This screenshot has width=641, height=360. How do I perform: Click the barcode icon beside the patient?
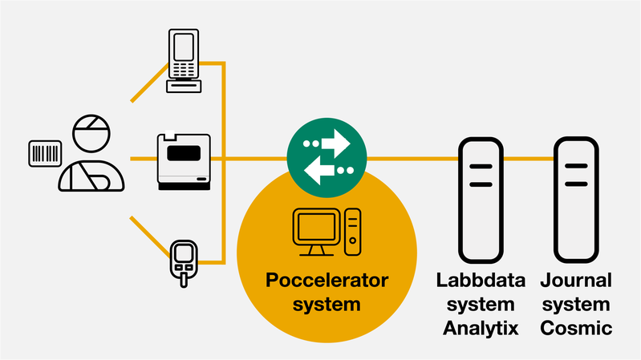(x=45, y=153)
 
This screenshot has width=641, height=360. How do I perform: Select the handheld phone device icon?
(x=184, y=60)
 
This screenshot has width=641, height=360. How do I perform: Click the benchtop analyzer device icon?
(x=184, y=162)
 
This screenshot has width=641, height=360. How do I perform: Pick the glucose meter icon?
(x=184, y=261)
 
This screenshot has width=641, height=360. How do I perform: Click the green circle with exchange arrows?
(x=327, y=157)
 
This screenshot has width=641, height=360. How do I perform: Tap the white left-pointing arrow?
(x=321, y=170)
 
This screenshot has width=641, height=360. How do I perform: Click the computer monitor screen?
(x=316, y=229)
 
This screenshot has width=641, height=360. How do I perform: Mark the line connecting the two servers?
(x=529, y=159)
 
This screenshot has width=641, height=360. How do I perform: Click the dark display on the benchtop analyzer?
(x=183, y=153)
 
